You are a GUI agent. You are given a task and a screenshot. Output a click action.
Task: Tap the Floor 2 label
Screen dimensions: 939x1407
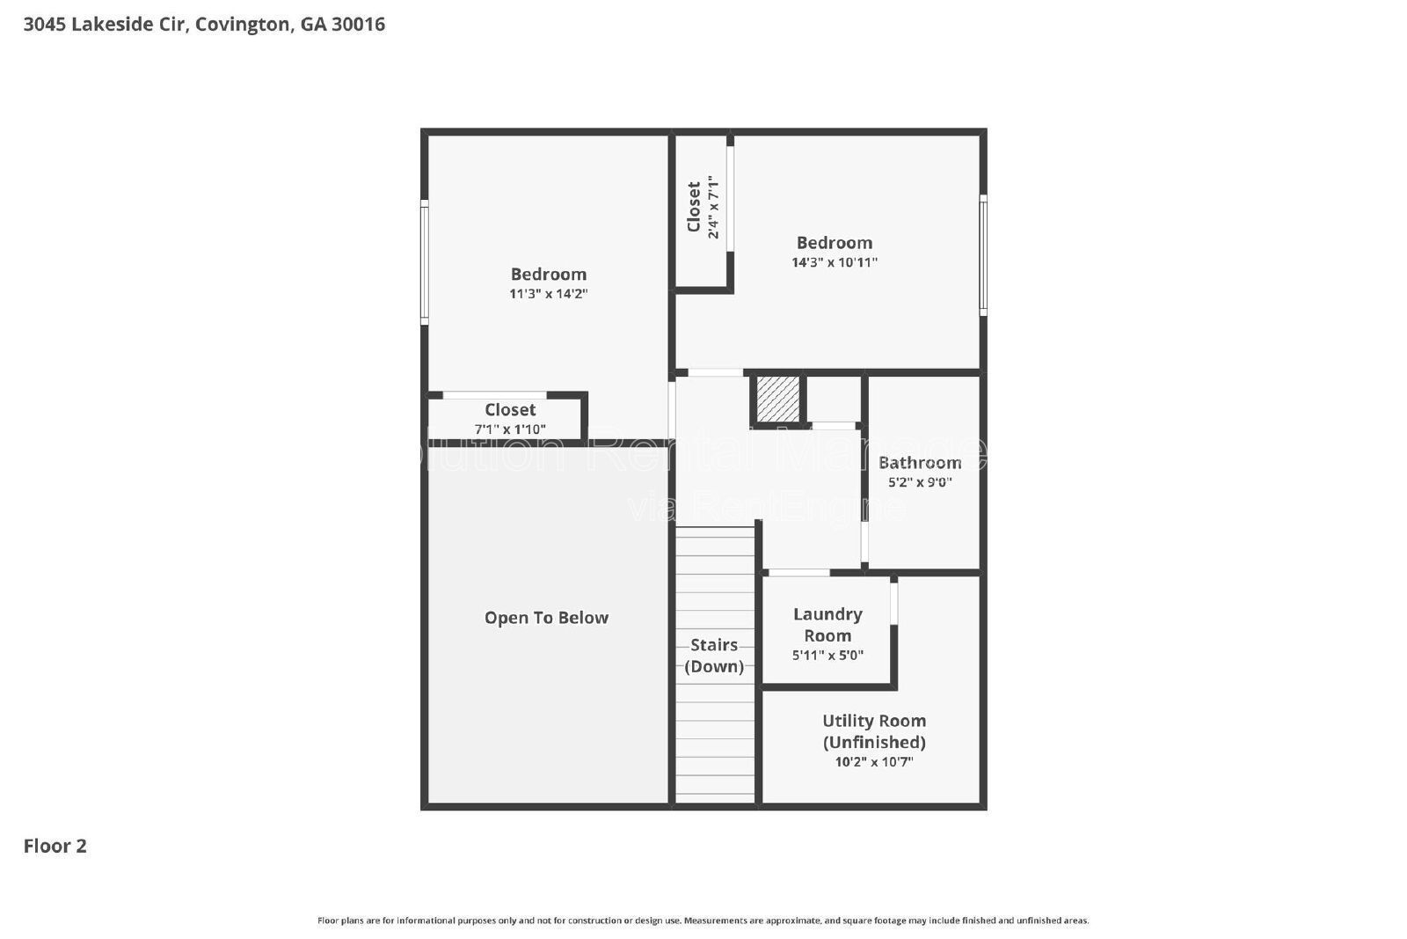[x=55, y=846]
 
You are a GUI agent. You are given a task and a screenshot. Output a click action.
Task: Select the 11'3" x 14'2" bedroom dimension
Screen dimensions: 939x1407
[x=548, y=294]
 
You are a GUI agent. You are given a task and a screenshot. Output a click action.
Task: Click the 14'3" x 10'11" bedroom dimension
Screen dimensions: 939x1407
[x=834, y=262]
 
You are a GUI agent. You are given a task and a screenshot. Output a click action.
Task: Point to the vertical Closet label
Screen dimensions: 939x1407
[x=695, y=207]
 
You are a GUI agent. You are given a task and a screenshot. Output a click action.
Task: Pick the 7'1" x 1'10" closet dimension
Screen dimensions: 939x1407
[x=510, y=429]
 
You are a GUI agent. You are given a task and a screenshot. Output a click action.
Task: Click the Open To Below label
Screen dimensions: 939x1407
[x=546, y=618]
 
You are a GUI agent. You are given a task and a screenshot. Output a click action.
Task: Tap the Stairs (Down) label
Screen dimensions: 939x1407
[x=714, y=655]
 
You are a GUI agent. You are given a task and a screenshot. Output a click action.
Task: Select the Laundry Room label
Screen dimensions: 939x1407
[x=827, y=625]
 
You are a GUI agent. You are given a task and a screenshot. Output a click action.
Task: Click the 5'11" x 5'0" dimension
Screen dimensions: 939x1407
[x=827, y=656]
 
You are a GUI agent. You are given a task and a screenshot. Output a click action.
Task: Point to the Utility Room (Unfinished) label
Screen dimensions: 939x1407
[x=873, y=731]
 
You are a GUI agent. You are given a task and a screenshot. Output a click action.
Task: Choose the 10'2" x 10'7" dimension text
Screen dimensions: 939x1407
[x=873, y=762]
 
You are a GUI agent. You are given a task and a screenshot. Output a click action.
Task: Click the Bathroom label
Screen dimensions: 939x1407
[x=920, y=462]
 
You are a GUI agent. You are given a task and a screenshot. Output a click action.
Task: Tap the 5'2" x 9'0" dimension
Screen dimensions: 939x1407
[x=920, y=482]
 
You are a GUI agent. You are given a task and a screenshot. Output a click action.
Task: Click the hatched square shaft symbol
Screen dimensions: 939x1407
[x=778, y=400]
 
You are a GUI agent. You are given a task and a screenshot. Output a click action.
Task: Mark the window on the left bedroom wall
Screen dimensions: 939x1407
[x=424, y=262]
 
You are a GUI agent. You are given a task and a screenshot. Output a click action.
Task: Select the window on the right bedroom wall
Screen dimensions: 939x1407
[x=983, y=255]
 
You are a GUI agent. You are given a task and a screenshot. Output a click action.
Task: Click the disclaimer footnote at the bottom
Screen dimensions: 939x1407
[x=703, y=921]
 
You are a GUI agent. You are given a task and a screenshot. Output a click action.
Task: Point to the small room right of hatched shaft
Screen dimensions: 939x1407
[x=833, y=400]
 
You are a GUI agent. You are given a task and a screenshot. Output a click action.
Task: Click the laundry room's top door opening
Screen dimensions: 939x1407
[x=798, y=573]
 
